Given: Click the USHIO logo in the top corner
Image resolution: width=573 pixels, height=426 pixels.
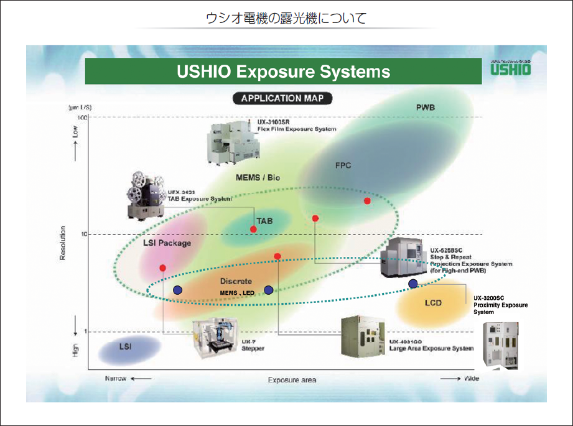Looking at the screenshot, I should coord(510,68).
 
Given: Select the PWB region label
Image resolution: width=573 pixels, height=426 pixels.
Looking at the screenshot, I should coord(426,108).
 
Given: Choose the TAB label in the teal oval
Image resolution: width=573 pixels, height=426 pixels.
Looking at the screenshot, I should coord(264,221).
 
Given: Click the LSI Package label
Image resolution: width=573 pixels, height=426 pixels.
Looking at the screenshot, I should coord(167,243).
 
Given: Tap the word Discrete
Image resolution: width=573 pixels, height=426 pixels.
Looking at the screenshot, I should coord(236,282).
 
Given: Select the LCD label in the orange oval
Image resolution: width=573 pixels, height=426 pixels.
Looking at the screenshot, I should coord(433,303).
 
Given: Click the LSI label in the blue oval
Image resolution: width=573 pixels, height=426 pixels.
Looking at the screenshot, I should coord(125,346).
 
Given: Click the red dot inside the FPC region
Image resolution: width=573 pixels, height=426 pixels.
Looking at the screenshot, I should coord(367,201).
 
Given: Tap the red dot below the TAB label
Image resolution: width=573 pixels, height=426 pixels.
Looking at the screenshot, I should coord(253,229).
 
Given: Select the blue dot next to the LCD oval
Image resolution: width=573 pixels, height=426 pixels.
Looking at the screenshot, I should coord(412,284).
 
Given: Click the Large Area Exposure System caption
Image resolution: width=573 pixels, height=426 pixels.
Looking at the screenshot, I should coord(431,348).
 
